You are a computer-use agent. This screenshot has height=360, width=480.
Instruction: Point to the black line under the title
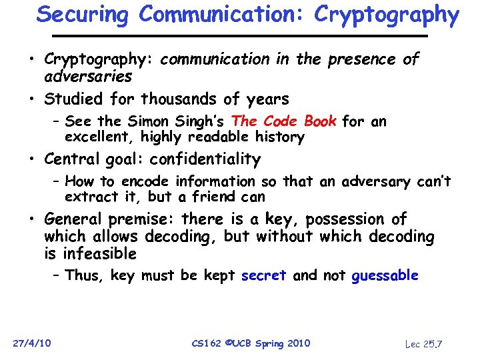[x=239, y=35]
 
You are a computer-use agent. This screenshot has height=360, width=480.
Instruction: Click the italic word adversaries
[x=88, y=77]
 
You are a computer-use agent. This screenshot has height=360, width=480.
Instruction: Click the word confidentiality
[x=205, y=159]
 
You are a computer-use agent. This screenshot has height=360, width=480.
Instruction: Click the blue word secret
[x=263, y=275]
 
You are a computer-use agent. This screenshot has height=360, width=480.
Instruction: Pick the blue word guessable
[x=385, y=275]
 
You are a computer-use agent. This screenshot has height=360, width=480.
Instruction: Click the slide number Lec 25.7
[x=424, y=343]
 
